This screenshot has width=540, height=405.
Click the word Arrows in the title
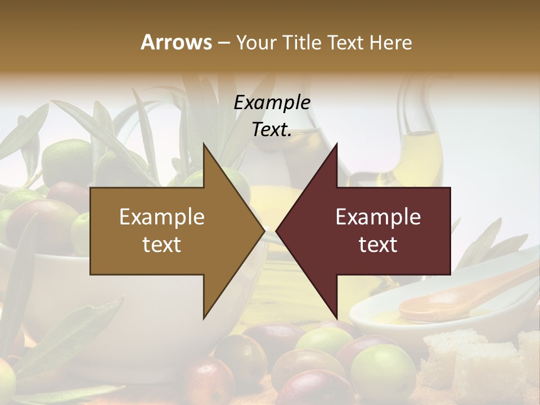[176, 42]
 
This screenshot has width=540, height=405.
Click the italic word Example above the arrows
[272, 102]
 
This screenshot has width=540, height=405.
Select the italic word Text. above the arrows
[272, 130]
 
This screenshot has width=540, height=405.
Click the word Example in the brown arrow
[162, 217]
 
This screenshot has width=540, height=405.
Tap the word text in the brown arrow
[162, 245]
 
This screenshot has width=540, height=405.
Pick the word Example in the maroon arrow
[378, 217]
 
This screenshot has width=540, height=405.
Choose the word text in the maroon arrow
[378, 245]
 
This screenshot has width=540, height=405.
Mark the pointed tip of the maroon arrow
[277, 231]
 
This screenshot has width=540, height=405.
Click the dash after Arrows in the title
[223, 43]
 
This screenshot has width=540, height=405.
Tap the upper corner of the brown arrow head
[204, 145]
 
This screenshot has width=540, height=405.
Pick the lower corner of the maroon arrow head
[336, 318]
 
